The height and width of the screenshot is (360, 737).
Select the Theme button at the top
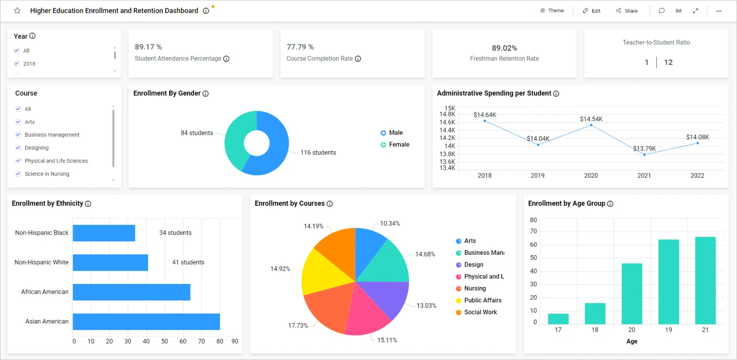click(x=552, y=11)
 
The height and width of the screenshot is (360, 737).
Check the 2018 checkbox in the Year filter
click(x=17, y=64)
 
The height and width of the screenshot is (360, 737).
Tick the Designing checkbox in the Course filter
click(x=18, y=148)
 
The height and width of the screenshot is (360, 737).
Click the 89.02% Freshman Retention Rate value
click(x=504, y=48)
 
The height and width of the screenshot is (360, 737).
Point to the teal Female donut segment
click(x=234, y=137)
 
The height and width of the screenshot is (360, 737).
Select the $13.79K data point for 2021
click(x=644, y=155)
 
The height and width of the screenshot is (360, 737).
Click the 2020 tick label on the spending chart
click(x=591, y=176)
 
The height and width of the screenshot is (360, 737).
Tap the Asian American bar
click(x=146, y=322)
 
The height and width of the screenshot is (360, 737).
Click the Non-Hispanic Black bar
click(x=104, y=233)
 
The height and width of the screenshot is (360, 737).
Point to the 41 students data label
click(x=188, y=262)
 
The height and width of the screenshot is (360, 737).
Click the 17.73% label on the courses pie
click(x=298, y=326)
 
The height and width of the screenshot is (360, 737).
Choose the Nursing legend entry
click(x=475, y=289)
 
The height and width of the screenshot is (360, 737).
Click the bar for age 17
click(x=558, y=319)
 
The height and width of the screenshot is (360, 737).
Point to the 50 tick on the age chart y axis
click(x=533, y=258)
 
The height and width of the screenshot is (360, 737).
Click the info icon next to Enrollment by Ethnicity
click(x=88, y=204)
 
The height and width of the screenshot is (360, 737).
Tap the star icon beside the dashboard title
click(x=17, y=11)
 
